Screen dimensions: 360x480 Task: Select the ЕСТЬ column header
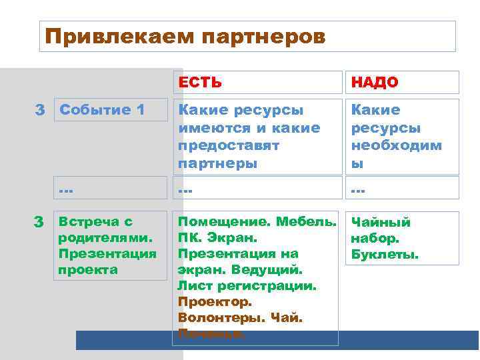(199, 83)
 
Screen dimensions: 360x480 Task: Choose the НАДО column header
(375, 83)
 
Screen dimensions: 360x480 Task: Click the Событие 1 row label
(102, 110)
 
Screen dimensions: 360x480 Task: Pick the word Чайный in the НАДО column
(381, 223)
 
